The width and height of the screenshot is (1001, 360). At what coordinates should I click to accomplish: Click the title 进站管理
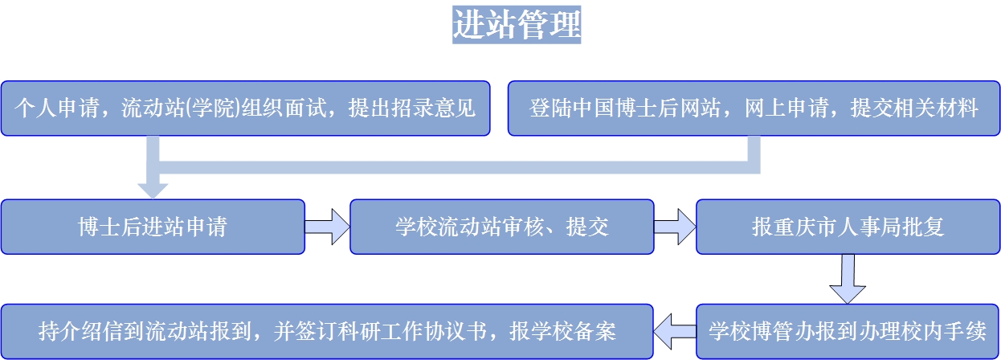[x=517, y=25]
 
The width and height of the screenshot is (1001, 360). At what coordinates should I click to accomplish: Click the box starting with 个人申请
[x=245, y=108]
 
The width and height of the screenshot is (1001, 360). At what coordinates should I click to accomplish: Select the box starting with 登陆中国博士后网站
[x=754, y=108]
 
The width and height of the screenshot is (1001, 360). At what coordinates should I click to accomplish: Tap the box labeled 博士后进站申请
[x=153, y=227]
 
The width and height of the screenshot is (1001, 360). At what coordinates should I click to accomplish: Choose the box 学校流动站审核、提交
[x=502, y=227]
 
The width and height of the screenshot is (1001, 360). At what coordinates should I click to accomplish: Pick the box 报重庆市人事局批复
[x=847, y=227]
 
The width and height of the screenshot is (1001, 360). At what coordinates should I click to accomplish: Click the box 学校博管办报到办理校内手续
[x=847, y=331]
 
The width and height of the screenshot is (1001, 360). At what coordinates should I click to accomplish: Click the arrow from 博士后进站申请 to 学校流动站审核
[x=328, y=227]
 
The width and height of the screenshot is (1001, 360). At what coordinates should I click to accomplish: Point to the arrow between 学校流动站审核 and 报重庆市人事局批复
[x=675, y=227]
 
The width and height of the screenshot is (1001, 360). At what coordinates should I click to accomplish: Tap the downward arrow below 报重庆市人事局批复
[x=847, y=279]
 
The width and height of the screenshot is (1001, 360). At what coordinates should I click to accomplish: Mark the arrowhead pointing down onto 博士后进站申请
[x=153, y=190]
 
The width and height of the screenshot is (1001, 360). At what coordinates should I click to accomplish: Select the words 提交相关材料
[x=913, y=108]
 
